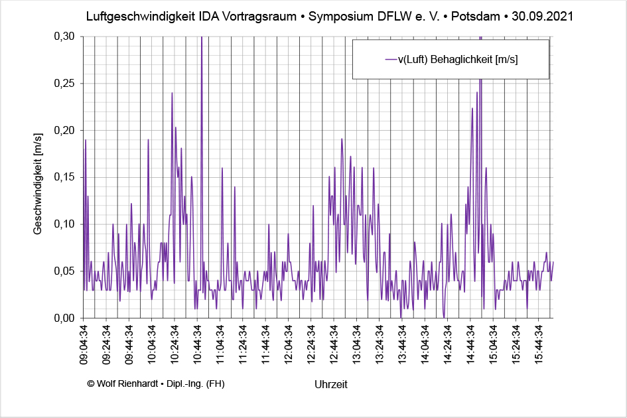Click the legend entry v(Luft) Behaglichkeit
point(458,59)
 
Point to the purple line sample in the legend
point(390,59)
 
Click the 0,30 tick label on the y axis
point(64,36)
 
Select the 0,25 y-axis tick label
point(64,84)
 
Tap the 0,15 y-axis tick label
point(64,177)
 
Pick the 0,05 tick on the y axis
point(64,271)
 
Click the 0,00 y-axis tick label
point(64,318)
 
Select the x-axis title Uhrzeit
point(331,384)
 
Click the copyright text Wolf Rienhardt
point(155,383)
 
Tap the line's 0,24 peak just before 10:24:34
point(172,94)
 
